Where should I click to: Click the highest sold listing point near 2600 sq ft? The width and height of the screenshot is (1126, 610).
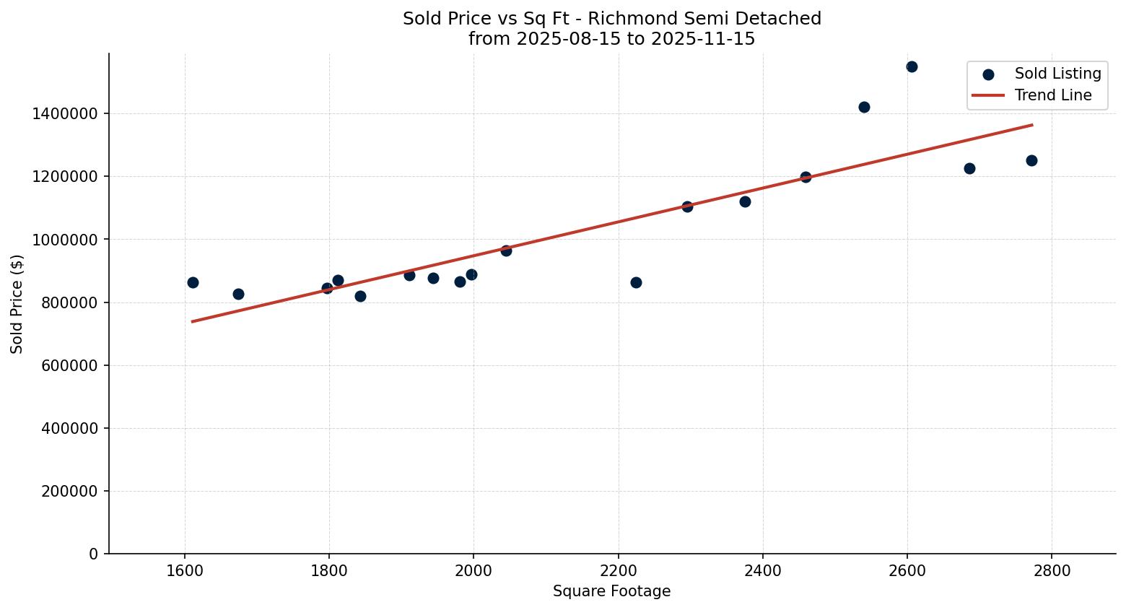912,67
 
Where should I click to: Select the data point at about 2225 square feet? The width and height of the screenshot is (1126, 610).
636,282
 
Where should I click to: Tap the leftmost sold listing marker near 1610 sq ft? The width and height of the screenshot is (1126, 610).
193,282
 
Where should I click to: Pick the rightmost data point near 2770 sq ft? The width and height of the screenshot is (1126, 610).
1031,160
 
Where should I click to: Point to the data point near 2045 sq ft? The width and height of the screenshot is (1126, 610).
506,250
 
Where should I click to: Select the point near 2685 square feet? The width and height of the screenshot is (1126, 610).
969,168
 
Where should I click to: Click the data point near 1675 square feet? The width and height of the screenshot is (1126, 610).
238,294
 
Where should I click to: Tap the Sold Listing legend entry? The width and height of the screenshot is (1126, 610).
1057,74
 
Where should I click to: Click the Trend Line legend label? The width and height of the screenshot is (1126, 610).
1052,95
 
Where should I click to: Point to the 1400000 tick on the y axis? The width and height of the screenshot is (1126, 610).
66,114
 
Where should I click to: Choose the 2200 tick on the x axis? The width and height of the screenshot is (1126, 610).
618,570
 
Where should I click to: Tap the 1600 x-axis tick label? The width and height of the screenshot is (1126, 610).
185,570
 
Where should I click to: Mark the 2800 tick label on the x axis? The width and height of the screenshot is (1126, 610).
1051,570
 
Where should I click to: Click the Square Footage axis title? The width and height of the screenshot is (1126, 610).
611,592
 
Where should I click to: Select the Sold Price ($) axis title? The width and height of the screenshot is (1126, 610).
17,304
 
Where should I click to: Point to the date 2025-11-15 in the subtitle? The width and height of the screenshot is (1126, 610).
702,39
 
